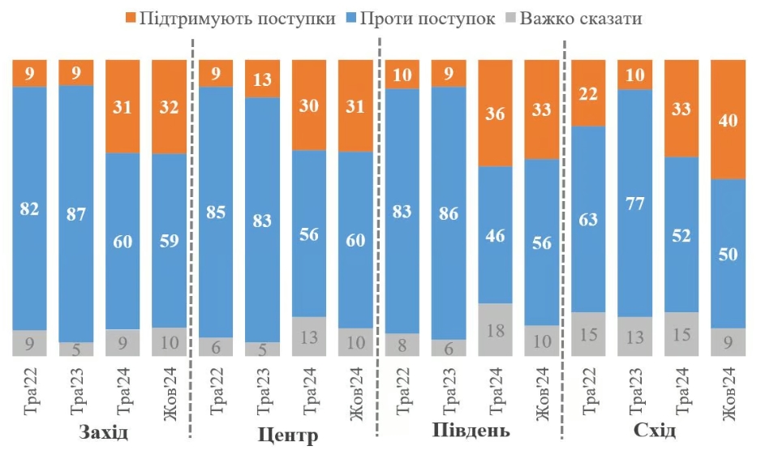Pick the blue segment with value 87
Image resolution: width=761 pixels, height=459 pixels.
[76, 213]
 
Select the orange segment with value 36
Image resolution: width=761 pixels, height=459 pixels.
[495, 114]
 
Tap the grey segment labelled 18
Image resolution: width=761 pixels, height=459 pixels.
[495, 329]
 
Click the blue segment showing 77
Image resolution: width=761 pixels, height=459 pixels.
[634, 203]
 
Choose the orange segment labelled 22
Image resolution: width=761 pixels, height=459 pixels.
[588, 93]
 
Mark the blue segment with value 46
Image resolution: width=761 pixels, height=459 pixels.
[495, 235]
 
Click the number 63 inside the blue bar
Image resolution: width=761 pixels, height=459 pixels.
[588, 220]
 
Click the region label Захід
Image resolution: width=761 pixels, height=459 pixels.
[104, 431]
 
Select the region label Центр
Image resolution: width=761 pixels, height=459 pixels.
[288, 435]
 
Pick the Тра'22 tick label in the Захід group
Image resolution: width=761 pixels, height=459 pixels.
[29, 389]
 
